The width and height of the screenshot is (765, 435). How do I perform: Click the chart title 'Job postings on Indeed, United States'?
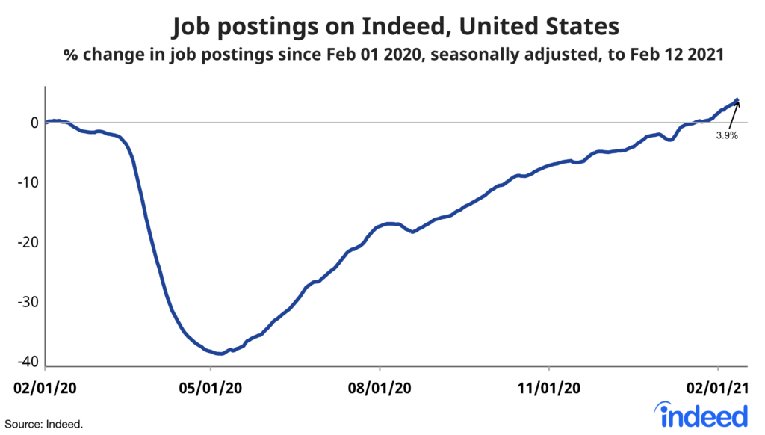point(395,27)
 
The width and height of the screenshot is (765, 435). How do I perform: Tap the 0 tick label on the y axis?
point(34,123)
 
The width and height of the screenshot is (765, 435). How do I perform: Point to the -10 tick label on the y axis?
point(29,183)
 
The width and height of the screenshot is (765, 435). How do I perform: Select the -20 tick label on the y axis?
point(29,243)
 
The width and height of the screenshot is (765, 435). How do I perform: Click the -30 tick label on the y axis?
point(29,303)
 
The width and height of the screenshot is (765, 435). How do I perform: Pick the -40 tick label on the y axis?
point(29,362)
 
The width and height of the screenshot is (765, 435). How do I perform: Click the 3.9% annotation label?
point(727,137)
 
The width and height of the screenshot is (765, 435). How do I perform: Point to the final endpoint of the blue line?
point(737,99)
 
